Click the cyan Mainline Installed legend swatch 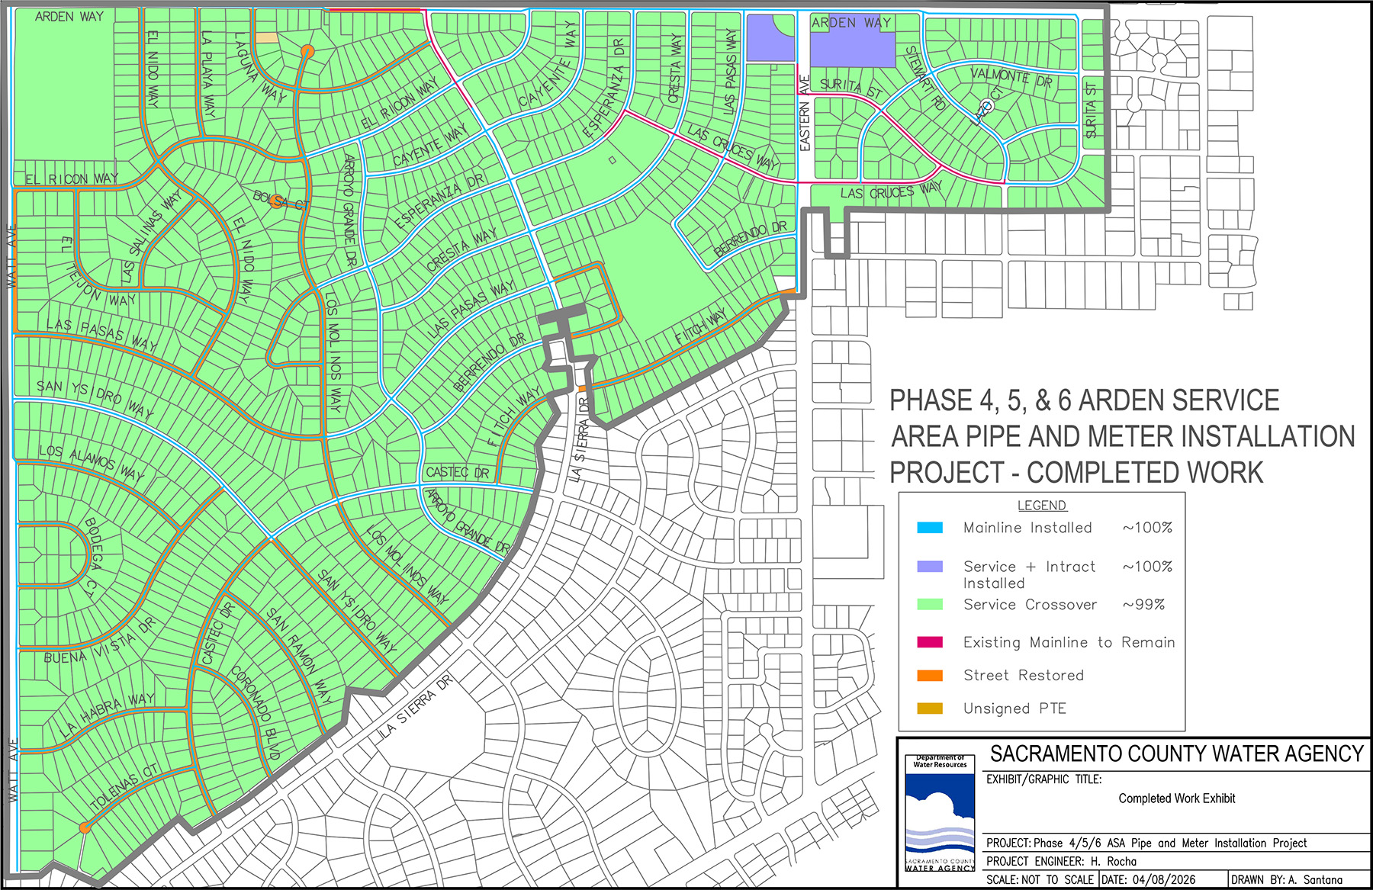click(x=930, y=528)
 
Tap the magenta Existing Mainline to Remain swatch click(x=930, y=642)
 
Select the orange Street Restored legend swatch click(x=930, y=676)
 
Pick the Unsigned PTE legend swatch click(x=930, y=708)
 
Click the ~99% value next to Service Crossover click(x=1143, y=605)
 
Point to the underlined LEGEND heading click(x=1042, y=506)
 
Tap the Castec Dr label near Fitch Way click(x=457, y=473)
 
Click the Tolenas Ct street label click(x=124, y=787)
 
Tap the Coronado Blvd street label click(x=256, y=712)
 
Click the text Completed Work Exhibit click(x=1176, y=798)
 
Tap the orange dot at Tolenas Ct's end click(x=85, y=827)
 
